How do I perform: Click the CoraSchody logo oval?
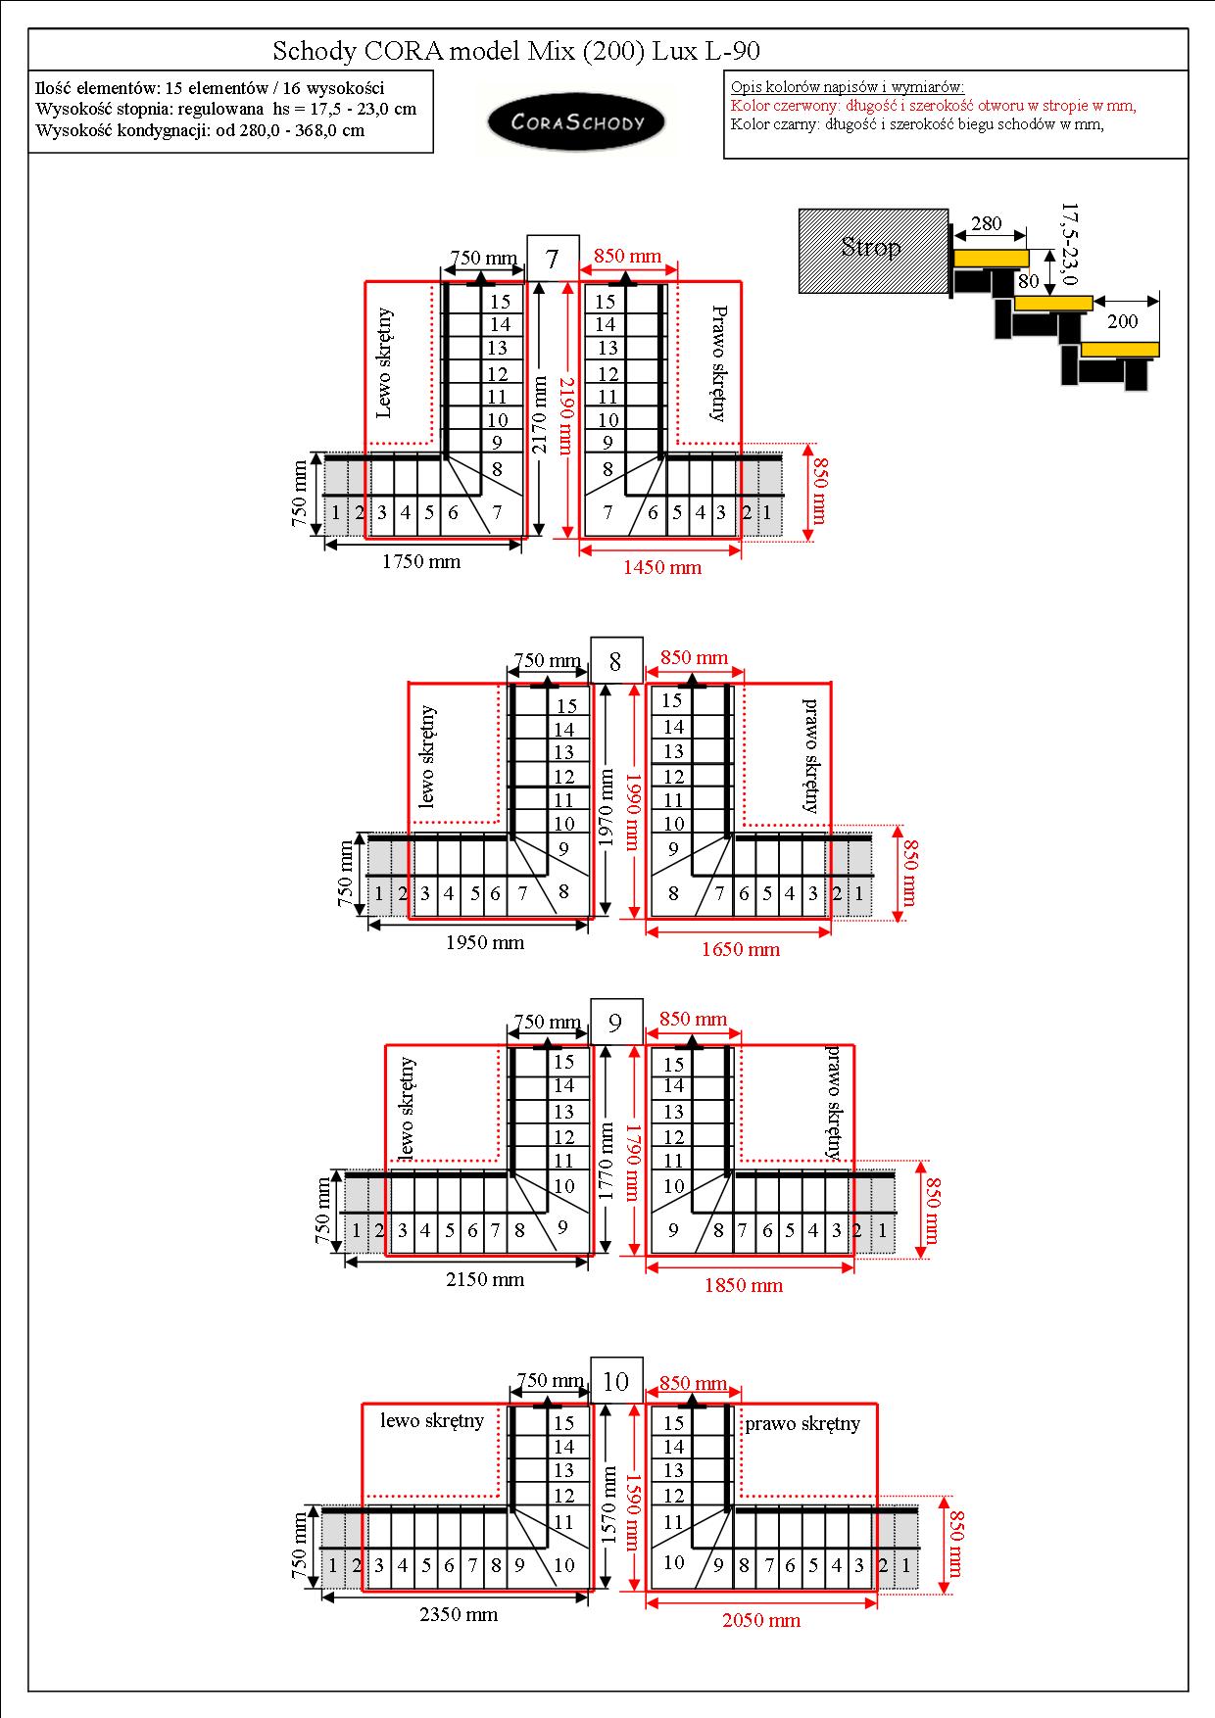pyautogui.click(x=576, y=122)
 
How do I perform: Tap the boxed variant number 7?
pyautogui.click(x=553, y=259)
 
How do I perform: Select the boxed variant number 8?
pyautogui.click(x=615, y=661)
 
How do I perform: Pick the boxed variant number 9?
pyautogui.click(x=615, y=1023)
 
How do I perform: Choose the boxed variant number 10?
pyautogui.click(x=615, y=1381)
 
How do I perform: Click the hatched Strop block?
pyautogui.click(x=873, y=250)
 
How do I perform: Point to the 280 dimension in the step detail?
pyautogui.click(x=987, y=223)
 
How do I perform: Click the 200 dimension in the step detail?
pyautogui.click(x=1123, y=321)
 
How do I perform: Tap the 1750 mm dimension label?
pyautogui.click(x=421, y=561)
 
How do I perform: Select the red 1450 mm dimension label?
pyautogui.click(x=662, y=567)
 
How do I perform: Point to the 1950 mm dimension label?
pyautogui.click(x=485, y=942)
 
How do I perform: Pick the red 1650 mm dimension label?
pyautogui.click(x=741, y=948)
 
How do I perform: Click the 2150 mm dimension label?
pyautogui.click(x=485, y=1279)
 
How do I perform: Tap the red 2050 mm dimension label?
pyautogui.click(x=761, y=1620)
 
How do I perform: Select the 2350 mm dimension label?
pyautogui.click(x=459, y=1614)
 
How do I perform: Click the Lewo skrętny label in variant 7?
pyautogui.click(x=384, y=362)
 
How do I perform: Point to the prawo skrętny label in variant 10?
pyautogui.click(x=802, y=1423)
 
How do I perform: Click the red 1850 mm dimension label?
pyautogui.click(x=744, y=1285)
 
